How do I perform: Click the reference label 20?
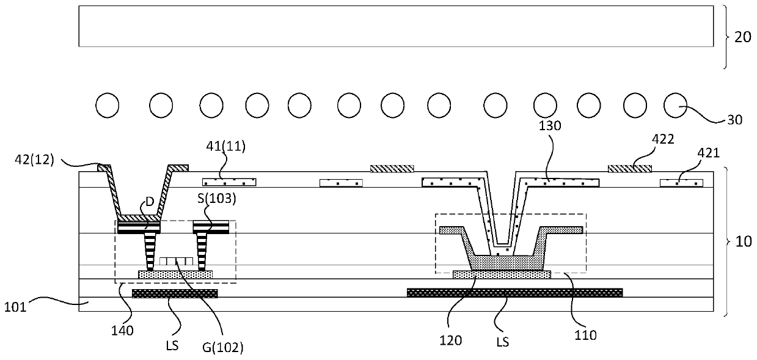coord(742,37)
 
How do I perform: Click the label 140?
coord(124,331)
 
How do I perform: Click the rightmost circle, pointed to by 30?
coord(675,106)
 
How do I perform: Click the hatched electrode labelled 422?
coord(629,168)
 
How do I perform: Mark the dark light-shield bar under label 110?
coord(514,292)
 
